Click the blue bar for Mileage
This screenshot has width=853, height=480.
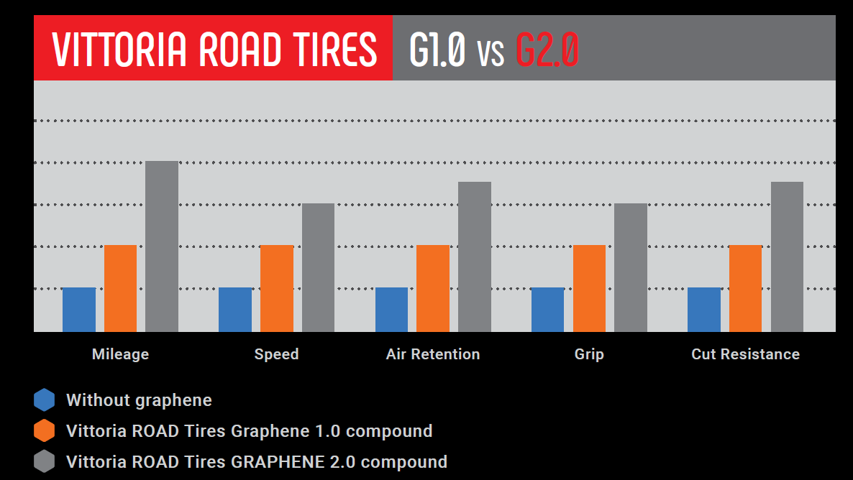coord(79,310)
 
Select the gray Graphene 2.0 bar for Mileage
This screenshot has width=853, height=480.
coord(162,246)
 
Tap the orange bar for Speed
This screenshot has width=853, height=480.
coord(277,288)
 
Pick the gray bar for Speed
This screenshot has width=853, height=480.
coord(318,267)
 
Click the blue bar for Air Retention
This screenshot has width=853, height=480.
coord(391,310)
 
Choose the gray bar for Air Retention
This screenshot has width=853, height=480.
coord(475,257)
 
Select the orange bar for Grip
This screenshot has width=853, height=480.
coord(589,288)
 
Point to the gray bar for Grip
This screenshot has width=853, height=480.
coord(631,267)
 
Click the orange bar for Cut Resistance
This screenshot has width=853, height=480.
coord(745,288)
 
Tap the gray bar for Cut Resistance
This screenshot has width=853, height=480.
coord(787,257)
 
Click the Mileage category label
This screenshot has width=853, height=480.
coord(120,354)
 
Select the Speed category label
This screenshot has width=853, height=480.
coord(276,354)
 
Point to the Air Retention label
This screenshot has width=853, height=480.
coord(433,354)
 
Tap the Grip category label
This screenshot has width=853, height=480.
coord(589,354)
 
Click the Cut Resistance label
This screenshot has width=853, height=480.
coord(745,354)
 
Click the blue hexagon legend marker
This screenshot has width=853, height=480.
coord(44,400)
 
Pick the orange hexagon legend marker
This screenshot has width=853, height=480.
coord(44,430)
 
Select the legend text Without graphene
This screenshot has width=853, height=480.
coord(139,400)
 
